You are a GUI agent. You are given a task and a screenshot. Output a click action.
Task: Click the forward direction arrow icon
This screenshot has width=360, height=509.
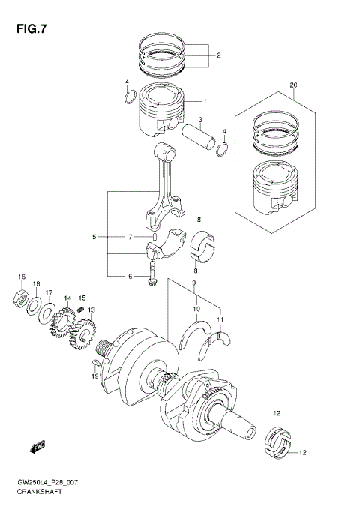pos(35,448)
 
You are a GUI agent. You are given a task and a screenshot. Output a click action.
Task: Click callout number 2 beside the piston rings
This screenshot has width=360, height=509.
pos(218,55)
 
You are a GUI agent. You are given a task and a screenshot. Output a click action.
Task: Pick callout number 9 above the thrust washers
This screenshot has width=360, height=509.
pos(194,283)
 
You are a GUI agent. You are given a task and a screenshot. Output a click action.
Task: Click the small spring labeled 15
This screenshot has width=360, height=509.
pos(80,307)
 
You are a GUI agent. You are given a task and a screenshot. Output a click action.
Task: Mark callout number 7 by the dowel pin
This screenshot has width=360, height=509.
pos(130,237)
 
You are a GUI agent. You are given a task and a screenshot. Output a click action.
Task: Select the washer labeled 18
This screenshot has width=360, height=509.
pos(34,305)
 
